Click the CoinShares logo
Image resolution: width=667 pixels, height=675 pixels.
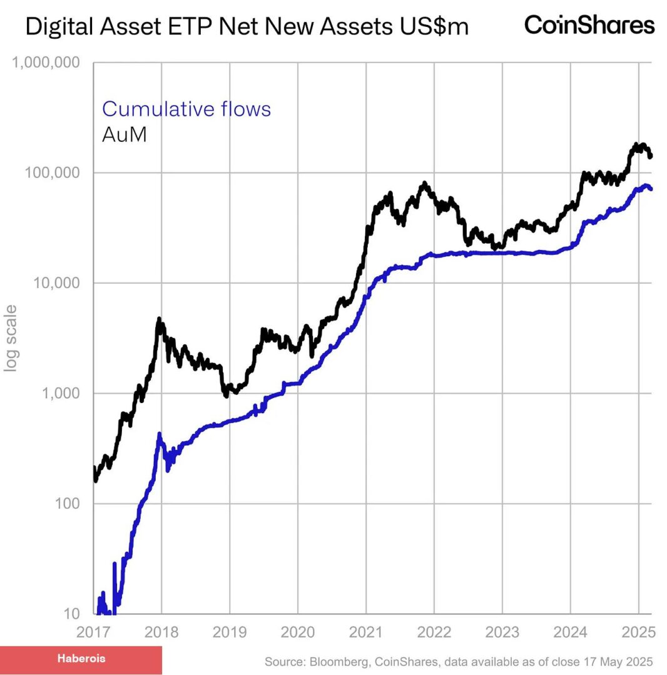tap(589, 25)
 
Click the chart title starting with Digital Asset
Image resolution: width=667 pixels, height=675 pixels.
tap(247, 27)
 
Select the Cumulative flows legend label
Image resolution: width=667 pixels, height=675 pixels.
tap(186, 109)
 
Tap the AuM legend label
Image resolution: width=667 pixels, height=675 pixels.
tap(125, 134)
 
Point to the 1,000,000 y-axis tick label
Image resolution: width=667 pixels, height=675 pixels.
tap(43, 63)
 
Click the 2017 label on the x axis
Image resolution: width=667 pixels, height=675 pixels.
tap(93, 631)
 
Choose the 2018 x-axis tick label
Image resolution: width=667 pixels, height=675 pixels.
tap(161, 631)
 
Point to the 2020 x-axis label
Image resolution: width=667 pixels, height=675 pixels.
tap(298, 631)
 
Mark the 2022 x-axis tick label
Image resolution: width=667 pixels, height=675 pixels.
tap(434, 631)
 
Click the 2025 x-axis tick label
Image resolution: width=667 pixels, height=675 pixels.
tap(638, 631)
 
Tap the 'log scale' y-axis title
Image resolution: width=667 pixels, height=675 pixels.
tap(11, 337)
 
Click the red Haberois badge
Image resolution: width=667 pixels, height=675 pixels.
tap(81, 659)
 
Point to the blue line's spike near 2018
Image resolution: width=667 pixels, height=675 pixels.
tap(160, 433)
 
